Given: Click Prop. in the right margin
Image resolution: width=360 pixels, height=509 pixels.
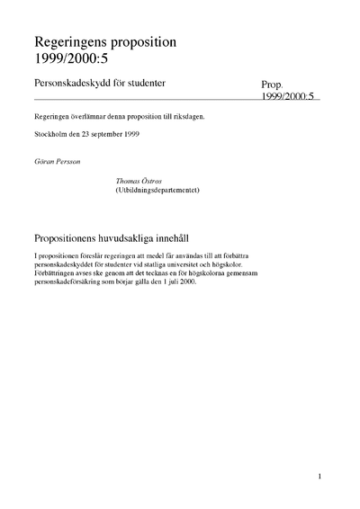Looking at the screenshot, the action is (x=272, y=84).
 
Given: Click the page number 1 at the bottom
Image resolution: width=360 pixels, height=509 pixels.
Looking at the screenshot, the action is (x=319, y=476).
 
